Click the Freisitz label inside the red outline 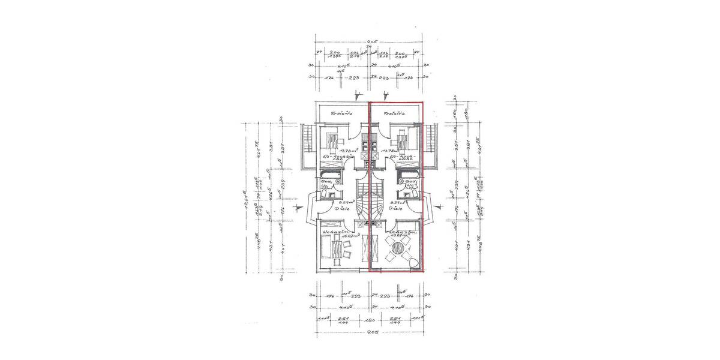397,113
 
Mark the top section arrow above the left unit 358,95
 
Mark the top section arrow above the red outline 386,95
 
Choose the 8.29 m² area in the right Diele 398,203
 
